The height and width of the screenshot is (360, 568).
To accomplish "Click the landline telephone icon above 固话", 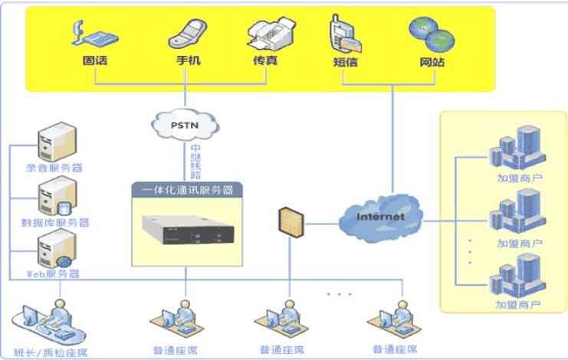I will click(90, 32).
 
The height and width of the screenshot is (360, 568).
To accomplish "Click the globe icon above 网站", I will click(425, 33).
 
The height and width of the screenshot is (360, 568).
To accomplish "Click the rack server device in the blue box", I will click(186, 231).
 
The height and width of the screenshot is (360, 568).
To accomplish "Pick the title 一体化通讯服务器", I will click(187, 189).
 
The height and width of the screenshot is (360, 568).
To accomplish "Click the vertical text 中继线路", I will click(195, 160).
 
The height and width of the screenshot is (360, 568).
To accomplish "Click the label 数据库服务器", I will click(56, 223).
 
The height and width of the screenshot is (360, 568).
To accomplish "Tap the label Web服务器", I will click(53, 273).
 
